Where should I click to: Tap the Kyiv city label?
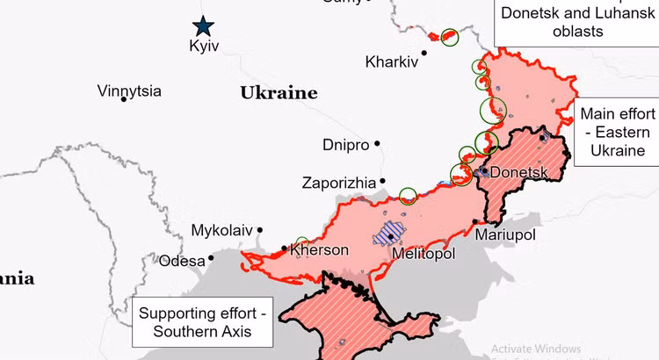(203, 47)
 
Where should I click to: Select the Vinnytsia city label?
(129, 90)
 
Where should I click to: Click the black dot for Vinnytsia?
(124, 98)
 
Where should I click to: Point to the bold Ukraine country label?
(279, 92)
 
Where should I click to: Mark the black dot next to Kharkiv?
(424, 53)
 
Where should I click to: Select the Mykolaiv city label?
(221, 231)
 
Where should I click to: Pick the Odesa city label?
(181, 260)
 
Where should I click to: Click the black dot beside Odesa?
(211, 259)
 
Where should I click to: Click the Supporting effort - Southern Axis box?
(203, 322)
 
